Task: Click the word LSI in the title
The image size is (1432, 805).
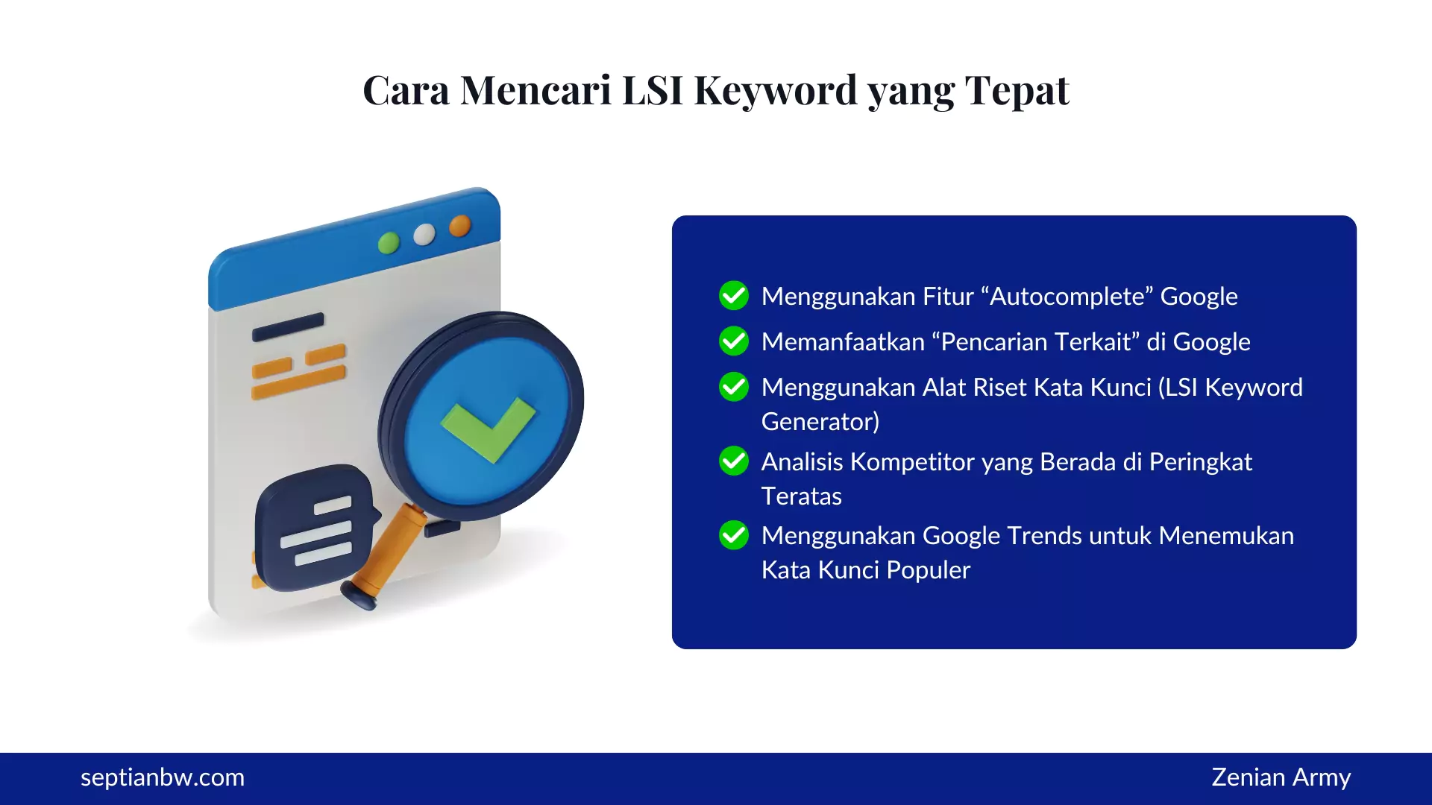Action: (652, 90)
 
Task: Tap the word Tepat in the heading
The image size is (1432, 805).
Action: (1017, 90)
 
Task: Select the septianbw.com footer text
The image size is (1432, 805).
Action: (163, 777)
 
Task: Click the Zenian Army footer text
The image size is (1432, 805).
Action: (1281, 777)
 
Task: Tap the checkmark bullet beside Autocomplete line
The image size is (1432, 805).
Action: (734, 296)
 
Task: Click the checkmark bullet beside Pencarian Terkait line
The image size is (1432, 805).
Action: (734, 341)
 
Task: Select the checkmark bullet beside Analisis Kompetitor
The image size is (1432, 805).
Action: (734, 461)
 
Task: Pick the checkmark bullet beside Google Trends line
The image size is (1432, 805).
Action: (734, 535)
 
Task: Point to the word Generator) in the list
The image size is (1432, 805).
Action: (820, 422)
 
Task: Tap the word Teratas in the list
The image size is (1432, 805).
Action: (802, 496)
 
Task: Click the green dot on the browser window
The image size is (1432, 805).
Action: (389, 243)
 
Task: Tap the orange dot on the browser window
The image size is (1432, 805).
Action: (460, 225)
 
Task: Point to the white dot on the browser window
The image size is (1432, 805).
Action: (424, 234)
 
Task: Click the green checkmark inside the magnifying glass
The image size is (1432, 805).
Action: (488, 428)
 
